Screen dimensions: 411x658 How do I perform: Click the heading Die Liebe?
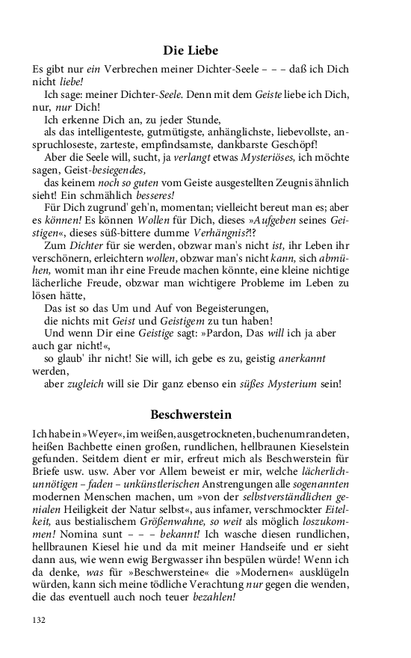pos(191,51)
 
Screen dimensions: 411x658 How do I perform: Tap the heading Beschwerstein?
pos(191,413)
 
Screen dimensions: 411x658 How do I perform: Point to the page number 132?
pos(40,620)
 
